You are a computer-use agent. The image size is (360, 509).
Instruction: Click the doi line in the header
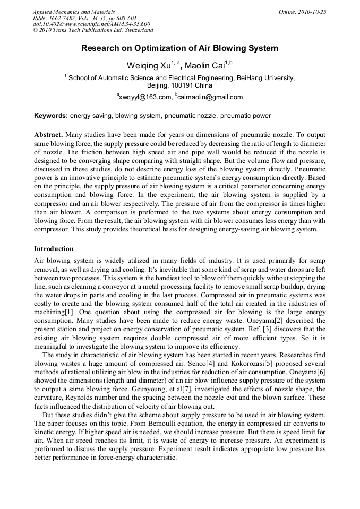point(91,24)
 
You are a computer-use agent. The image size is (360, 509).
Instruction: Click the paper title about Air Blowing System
point(179,48)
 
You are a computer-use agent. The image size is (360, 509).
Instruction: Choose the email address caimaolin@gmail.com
point(210,97)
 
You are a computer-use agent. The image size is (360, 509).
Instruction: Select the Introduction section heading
point(54,249)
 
